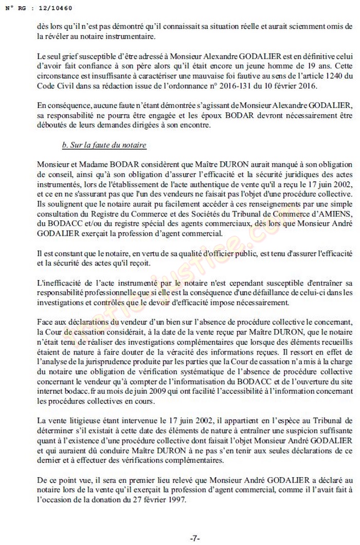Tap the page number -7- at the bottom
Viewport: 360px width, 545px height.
pos(195,538)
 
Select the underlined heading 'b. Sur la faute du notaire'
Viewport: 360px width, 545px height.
pos(104,146)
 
